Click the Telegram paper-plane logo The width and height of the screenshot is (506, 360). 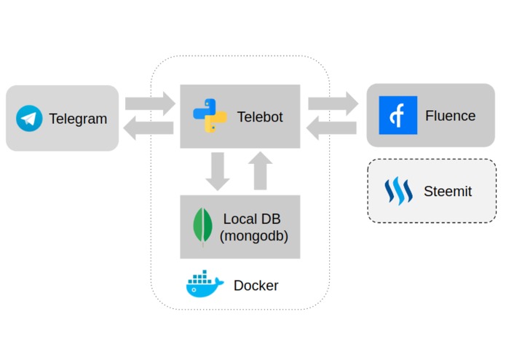[x=29, y=118]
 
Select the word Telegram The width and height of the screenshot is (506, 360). [x=78, y=119]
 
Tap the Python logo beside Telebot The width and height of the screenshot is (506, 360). [x=210, y=116]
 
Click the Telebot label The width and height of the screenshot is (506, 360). [x=259, y=117]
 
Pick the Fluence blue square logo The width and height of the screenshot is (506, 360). [x=398, y=115]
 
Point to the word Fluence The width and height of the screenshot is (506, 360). [x=450, y=116]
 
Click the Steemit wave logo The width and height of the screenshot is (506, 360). [x=398, y=192]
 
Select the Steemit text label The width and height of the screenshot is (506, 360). [x=447, y=192]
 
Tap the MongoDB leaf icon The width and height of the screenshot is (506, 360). [x=202, y=226]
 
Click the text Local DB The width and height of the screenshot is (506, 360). [x=251, y=219]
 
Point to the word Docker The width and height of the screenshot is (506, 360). [x=256, y=286]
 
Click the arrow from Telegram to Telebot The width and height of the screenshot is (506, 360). [x=149, y=103]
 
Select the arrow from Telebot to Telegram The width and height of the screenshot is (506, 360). [x=149, y=129]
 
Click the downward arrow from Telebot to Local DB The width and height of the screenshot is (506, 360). [x=217, y=172]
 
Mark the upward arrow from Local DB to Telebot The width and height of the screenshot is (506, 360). [x=261, y=171]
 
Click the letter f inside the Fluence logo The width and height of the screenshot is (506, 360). [x=398, y=115]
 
